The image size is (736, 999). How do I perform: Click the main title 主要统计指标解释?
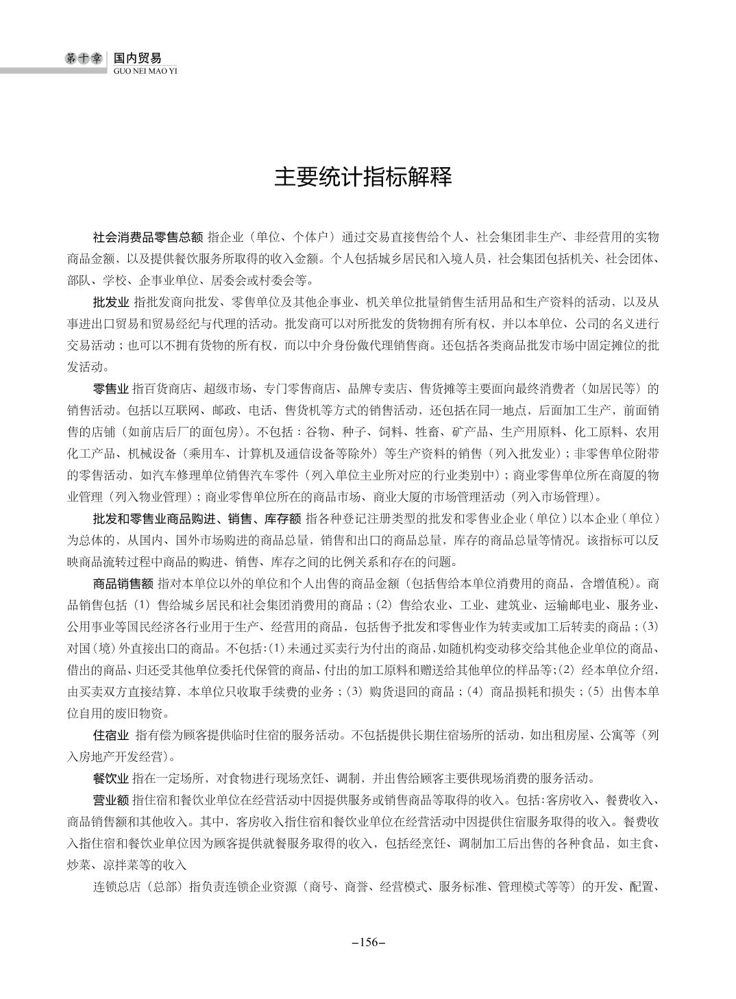click(x=363, y=177)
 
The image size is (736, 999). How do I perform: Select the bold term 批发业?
click(x=110, y=301)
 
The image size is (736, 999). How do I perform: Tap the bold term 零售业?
click(x=110, y=389)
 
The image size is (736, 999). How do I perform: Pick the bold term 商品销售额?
click(x=122, y=584)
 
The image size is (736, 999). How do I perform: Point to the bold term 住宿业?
click(x=110, y=736)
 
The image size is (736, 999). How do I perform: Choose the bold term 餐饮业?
click(x=110, y=778)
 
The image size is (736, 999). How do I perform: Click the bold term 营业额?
click(x=110, y=800)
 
